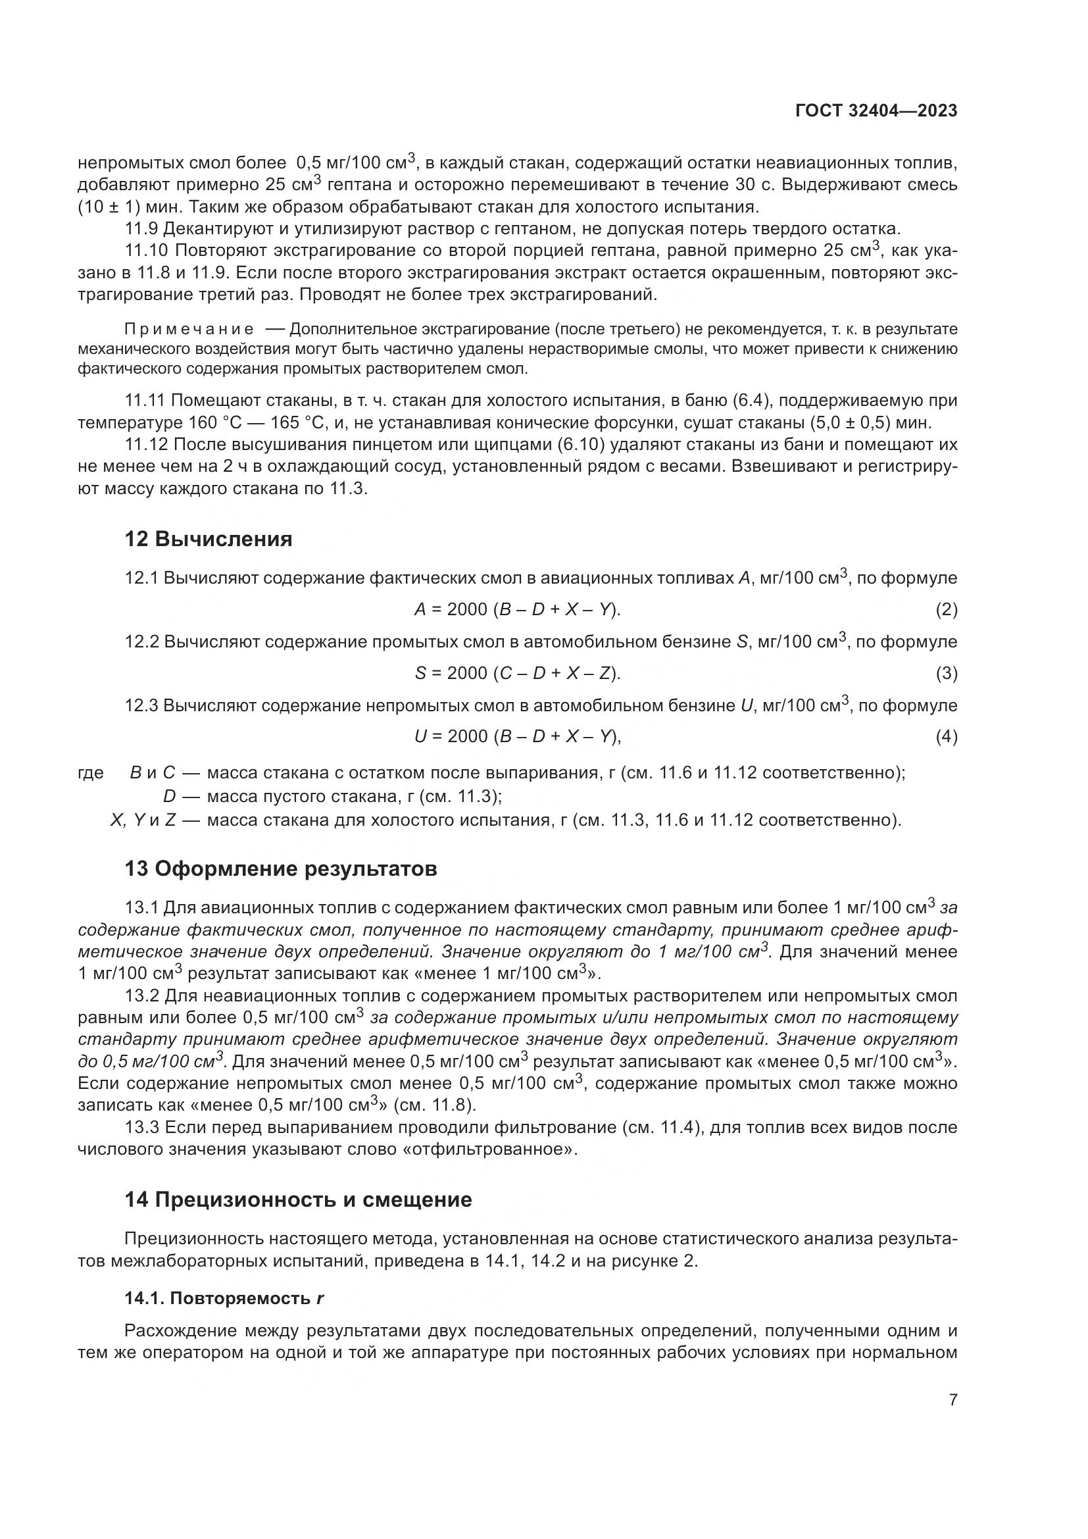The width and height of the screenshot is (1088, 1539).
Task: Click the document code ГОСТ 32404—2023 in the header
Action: click(876, 111)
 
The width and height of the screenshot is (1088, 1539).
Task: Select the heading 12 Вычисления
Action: click(209, 540)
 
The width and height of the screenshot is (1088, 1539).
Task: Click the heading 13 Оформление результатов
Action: click(281, 869)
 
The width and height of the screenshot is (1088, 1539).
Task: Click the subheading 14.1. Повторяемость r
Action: click(224, 1298)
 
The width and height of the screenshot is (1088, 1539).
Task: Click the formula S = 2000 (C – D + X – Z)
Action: click(517, 673)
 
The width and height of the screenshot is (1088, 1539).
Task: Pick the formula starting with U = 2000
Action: click(517, 737)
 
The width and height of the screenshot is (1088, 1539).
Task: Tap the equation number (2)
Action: click(946, 610)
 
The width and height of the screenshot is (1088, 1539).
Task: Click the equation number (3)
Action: click(946, 674)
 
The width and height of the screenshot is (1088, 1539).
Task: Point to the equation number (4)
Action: click(946, 738)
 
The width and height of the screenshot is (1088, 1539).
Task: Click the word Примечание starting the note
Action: click(189, 329)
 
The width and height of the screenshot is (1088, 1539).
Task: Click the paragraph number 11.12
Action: click(146, 444)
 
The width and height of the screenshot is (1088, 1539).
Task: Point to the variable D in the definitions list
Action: click(169, 796)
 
